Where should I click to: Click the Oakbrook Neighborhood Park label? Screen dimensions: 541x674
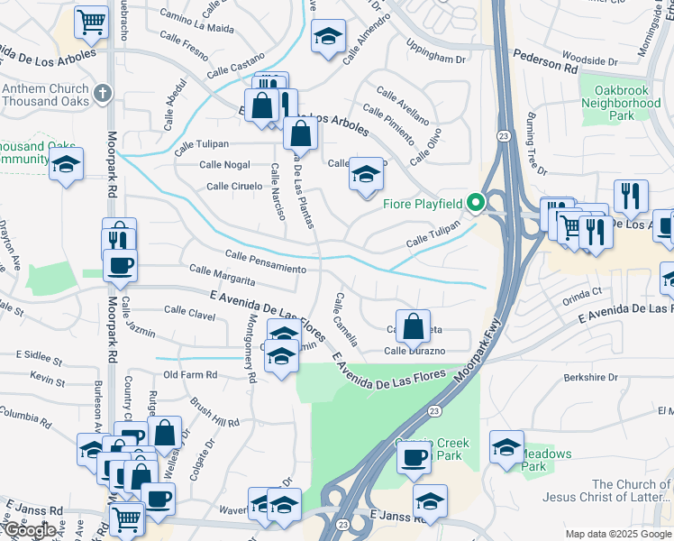pos(621,103)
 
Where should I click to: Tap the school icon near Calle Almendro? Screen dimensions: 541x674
pos(328,37)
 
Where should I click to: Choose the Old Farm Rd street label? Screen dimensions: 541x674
pos(190,374)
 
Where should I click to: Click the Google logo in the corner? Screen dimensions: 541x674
pos(32,530)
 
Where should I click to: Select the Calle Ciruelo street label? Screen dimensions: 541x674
pos(234,187)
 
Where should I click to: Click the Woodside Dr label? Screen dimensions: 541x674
pos(588,62)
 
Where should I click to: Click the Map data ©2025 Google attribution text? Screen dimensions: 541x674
pos(617,534)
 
